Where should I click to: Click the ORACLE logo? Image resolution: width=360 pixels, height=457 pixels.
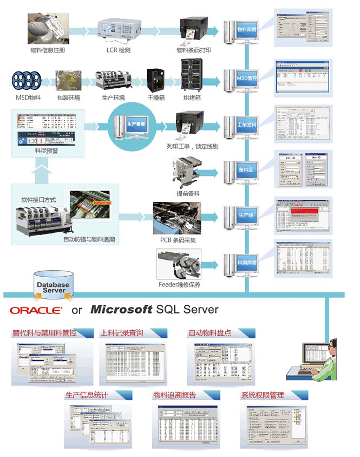[x=36, y=310]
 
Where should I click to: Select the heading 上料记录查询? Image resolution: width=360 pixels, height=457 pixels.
[x=123, y=333]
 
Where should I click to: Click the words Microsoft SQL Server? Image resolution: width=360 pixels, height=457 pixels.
[x=154, y=310]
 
